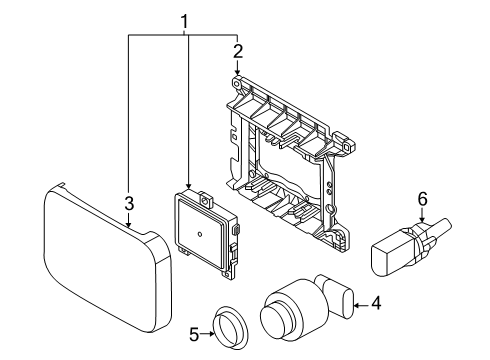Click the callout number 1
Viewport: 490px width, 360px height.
point(184,22)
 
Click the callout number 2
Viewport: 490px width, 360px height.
point(238,51)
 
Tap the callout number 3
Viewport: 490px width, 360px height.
point(129,203)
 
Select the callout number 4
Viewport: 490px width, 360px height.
point(376,303)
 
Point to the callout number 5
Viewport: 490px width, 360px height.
point(194,334)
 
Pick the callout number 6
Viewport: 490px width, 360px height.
point(422,200)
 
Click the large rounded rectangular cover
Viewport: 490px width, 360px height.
point(107,259)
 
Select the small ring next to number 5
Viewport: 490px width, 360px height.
point(231,327)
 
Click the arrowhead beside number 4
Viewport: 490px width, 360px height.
point(356,304)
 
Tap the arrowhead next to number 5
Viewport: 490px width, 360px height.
point(211,334)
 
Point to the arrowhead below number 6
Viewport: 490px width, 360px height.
point(422,219)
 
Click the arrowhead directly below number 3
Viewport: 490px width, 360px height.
point(129,225)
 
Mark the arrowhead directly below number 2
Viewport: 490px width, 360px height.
point(237,72)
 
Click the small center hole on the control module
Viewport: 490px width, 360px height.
point(200,234)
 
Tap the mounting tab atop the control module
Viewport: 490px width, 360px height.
point(206,200)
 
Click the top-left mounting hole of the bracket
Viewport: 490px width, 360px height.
point(237,83)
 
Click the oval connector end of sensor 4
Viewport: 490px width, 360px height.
point(347,303)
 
